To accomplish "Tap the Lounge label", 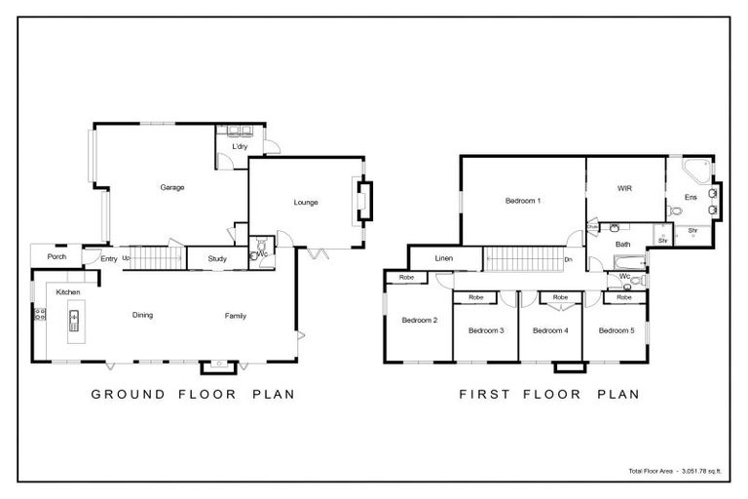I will click(x=306, y=203).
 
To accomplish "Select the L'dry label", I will click(x=239, y=147).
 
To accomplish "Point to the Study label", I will click(x=217, y=258).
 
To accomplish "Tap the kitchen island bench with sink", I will click(x=74, y=321).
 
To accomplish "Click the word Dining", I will click(x=142, y=315).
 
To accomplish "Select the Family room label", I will click(x=235, y=315).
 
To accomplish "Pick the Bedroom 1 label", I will click(x=522, y=201).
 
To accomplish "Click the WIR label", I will click(x=624, y=188).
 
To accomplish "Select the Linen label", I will click(x=444, y=258).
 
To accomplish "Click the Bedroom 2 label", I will click(x=420, y=320).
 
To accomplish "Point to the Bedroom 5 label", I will click(x=616, y=330).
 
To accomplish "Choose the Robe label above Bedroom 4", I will click(x=560, y=297).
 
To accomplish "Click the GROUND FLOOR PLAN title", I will click(x=192, y=395).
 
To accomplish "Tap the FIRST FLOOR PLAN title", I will click(x=548, y=395).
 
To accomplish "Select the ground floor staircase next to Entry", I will click(x=156, y=258).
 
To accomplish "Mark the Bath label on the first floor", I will click(x=623, y=244).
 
